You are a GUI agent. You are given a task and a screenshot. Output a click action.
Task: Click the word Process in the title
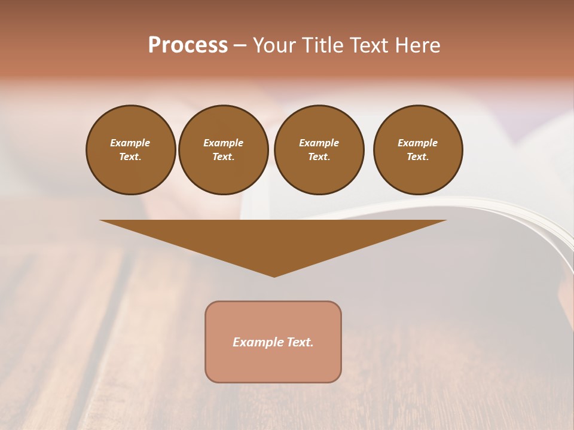click(x=188, y=45)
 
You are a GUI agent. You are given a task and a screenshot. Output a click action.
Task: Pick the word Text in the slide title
click(x=368, y=45)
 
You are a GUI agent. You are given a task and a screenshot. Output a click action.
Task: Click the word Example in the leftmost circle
click(x=130, y=143)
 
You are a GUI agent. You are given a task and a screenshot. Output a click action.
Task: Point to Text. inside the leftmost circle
click(x=130, y=156)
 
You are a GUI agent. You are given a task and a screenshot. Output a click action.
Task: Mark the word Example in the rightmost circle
click(x=417, y=143)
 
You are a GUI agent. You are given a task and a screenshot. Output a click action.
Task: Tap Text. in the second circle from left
click(x=223, y=156)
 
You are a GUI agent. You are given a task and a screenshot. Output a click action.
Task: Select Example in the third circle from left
click(x=319, y=143)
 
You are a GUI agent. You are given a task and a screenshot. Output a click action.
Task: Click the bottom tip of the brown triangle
click(x=274, y=275)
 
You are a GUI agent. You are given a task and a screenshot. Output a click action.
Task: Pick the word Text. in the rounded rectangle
click(x=298, y=342)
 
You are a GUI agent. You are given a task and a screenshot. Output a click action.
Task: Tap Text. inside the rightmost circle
click(x=417, y=156)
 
